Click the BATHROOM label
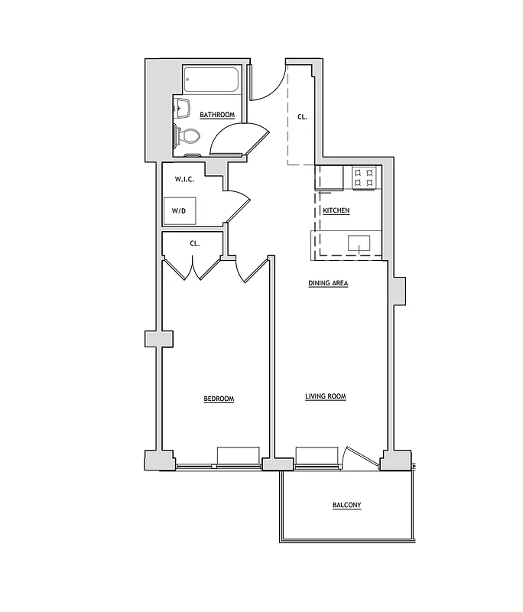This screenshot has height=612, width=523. pyautogui.click(x=217, y=116)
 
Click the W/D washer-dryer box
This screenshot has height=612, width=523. pyautogui.click(x=179, y=210)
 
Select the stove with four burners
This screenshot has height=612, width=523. pyautogui.click(x=364, y=177)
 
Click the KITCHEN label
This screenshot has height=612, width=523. pyautogui.click(x=336, y=210)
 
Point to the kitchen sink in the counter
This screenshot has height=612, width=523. pyautogui.click(x=359, y=245)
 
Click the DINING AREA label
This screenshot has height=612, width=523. pyautogui.click(x=328, y=284)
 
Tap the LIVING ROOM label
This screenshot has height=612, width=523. pyautogui.click(x=326, y=396)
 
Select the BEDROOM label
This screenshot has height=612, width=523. pyautogui.click(x=219, y=399)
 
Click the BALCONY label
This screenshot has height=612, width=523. pyautogui.click(x=346, y=506)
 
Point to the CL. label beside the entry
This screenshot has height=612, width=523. pyautogui.click(x=302, y=117)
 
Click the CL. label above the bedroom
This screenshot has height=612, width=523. pyautogui.click(x=195, y=243)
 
